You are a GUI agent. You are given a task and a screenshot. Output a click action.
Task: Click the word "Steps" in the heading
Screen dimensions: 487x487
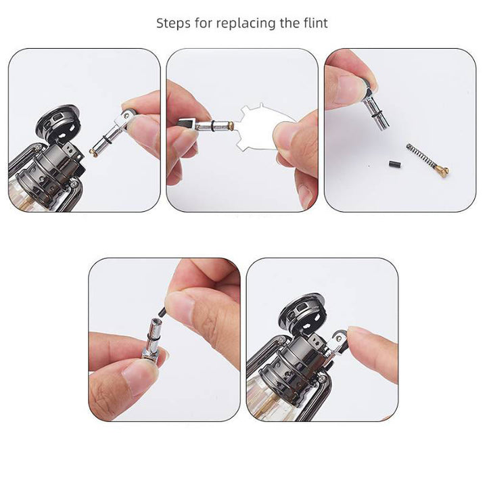point(173,23)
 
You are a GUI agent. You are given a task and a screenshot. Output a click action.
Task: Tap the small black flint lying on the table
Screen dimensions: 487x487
point(394,164)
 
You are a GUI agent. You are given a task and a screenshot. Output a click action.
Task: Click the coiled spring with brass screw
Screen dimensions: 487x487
point(427,160)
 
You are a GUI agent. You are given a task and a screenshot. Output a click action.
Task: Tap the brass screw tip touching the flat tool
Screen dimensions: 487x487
point(231,126)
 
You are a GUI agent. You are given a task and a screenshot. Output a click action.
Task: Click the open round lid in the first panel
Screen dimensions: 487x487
point(58,121)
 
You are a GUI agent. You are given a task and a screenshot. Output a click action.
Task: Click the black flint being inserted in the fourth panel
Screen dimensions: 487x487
point(162,312)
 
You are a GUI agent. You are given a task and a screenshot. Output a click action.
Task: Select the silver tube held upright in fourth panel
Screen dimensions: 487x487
point(152,340)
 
